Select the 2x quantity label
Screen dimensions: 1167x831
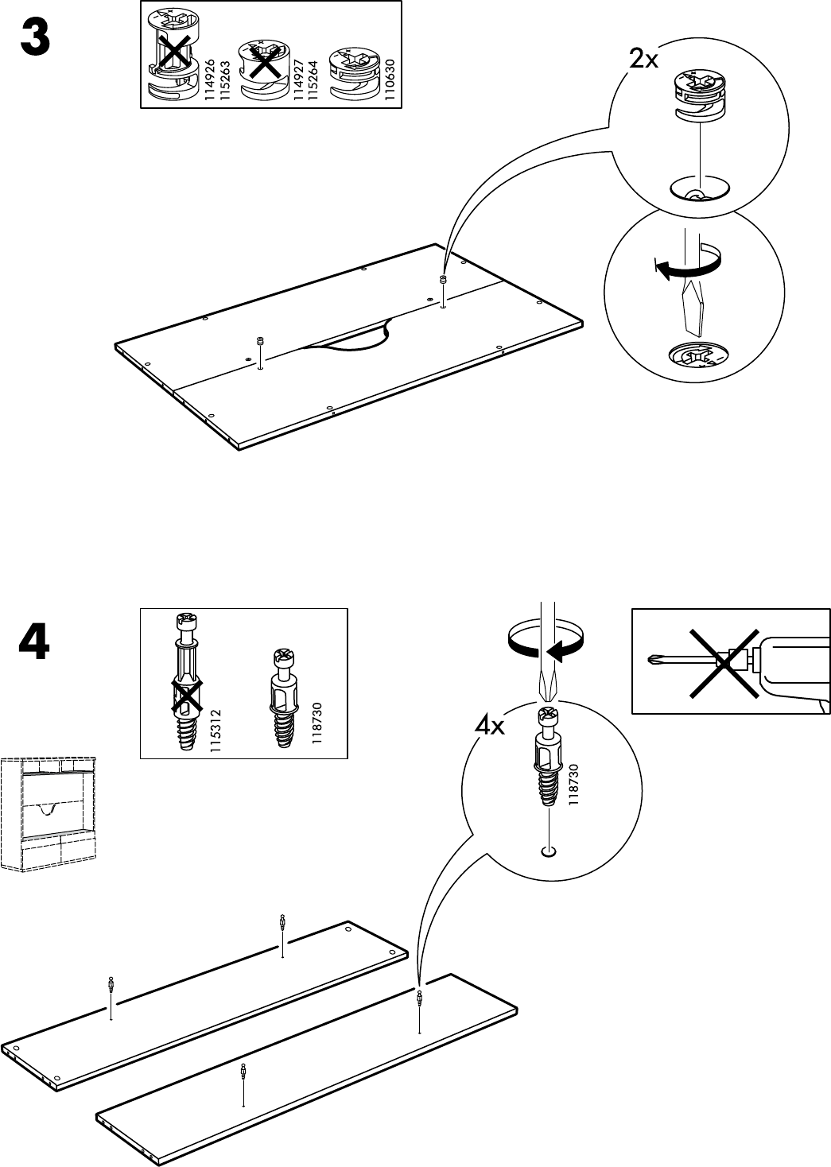click(x=643, y=59)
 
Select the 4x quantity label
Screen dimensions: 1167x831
click(x=490, y=726)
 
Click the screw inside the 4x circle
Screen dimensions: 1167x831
click(x=546, y=756)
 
